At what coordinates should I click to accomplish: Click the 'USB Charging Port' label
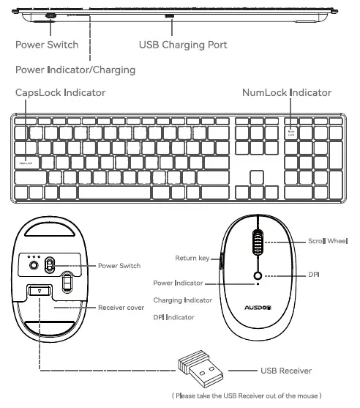(183, 45)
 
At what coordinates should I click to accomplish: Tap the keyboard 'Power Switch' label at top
(47, 45)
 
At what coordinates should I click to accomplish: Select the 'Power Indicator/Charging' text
(75, 70)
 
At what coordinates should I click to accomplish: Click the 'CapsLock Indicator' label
(61, 93)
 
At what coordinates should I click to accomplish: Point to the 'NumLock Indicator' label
(287, 93)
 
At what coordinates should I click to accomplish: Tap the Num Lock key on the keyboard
(291, 133)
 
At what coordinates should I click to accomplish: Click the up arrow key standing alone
(257, 178)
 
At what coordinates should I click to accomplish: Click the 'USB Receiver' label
(286, 371)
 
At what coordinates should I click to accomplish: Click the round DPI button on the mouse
(257, 276)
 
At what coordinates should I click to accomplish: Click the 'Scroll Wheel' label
(326, 241)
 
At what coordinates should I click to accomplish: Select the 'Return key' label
(192, 258)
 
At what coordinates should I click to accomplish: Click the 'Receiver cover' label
(121, 308)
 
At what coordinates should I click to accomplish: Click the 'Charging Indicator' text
(183, 300)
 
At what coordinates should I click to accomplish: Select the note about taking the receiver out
(246, 396)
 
